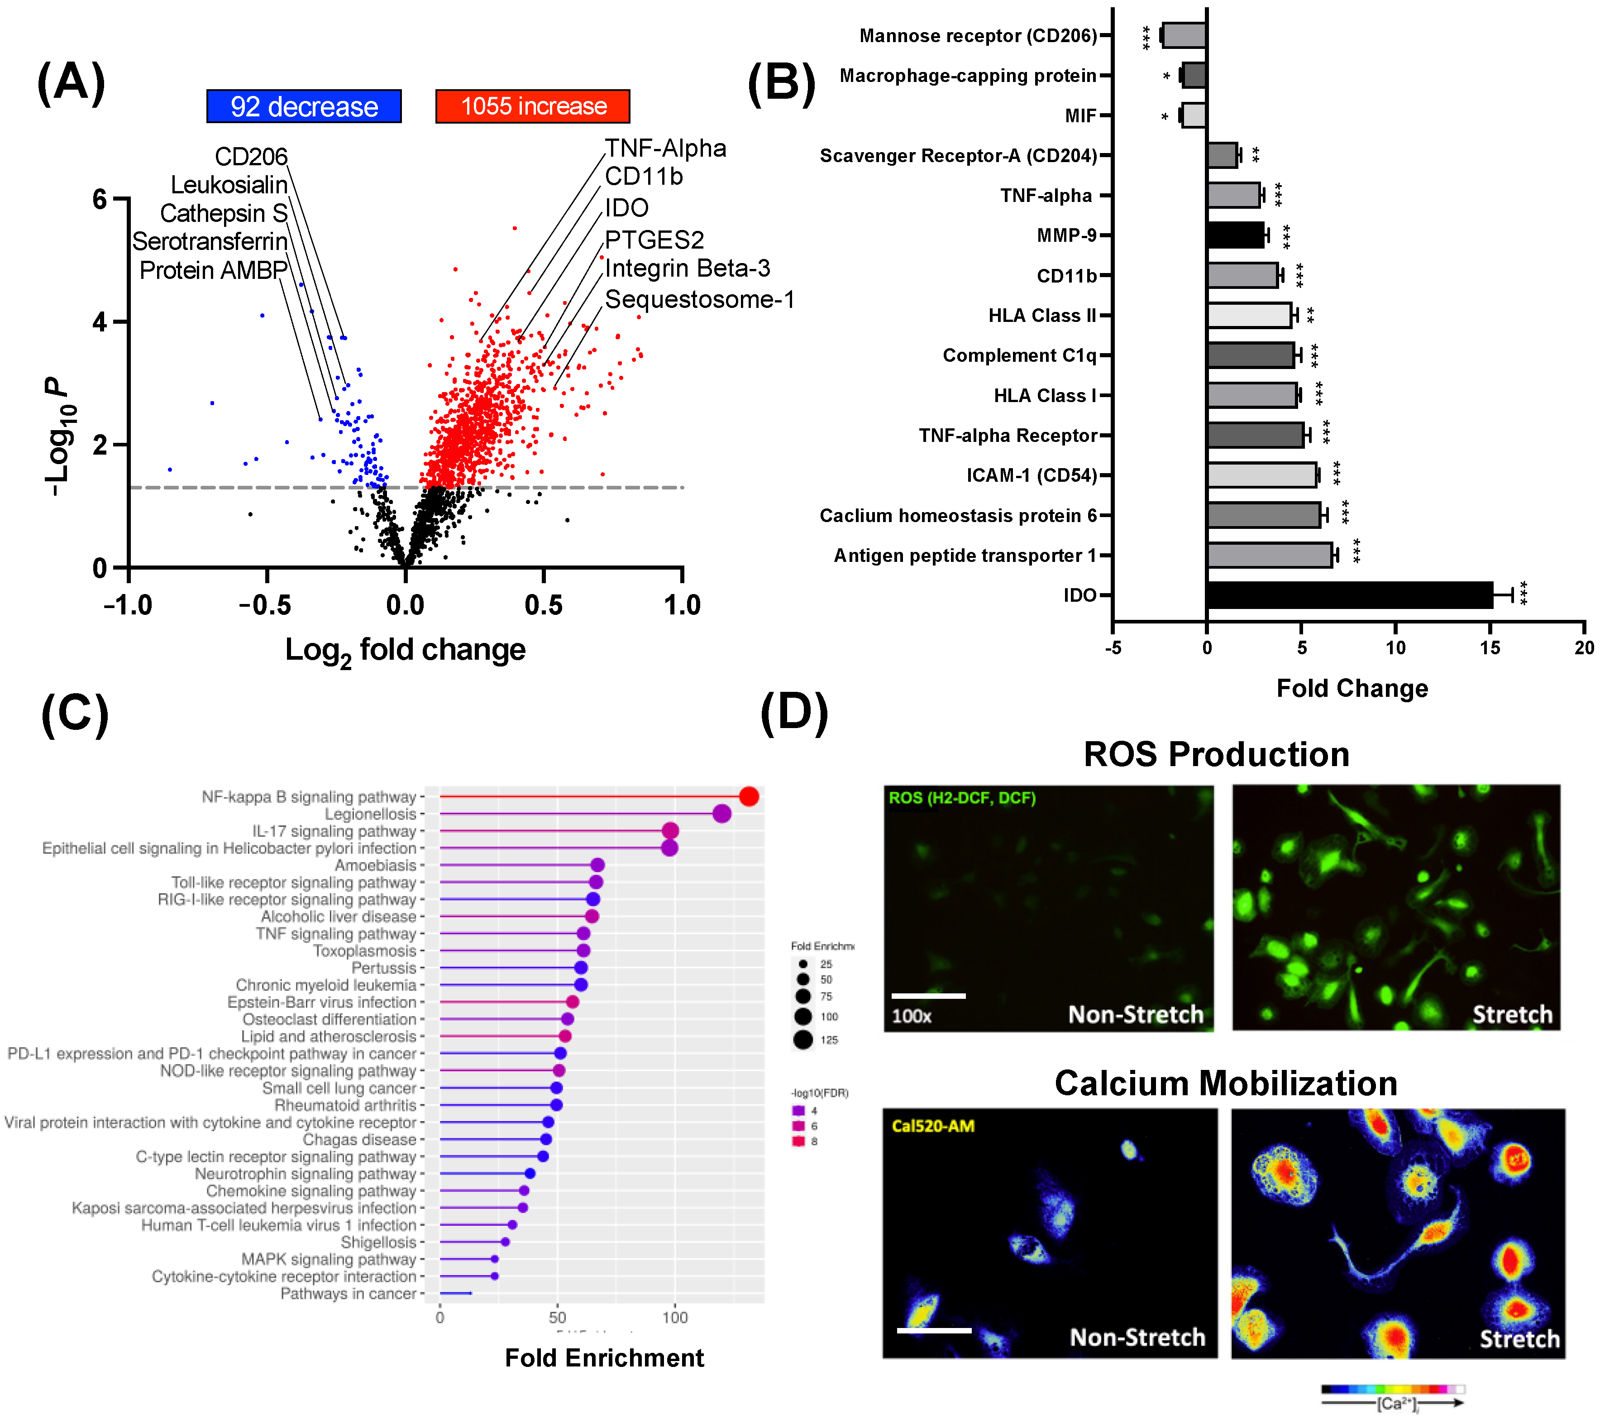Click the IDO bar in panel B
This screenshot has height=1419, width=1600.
pyautogui.click(x=1349, y=595)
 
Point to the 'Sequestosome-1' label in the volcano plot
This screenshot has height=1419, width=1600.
pyautogui.click(x=699, y=300)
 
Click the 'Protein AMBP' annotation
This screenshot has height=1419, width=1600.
pyautogui.click(x=213, y=271)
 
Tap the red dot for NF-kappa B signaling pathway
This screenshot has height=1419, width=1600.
pyautogui.click(x=749, y=796)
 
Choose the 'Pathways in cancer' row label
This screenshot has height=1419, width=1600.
pyautogui.click(x=349, y=1294)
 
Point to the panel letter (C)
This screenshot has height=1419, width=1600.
pyautogui.click(x=74, y=714)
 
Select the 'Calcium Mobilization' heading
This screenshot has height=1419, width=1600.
pyautogui.click(x=1225, y=1084)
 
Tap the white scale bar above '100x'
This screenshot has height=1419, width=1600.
pyautogui.click(x=928, y=996)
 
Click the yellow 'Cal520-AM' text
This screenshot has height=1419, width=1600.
pyautogui.click(x=933, y=1126)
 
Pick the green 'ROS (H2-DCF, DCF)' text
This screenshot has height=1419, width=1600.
pyautogui.click(x=962, y=798)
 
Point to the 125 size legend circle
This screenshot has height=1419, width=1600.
pyautogui.click(x=803, y=1040)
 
